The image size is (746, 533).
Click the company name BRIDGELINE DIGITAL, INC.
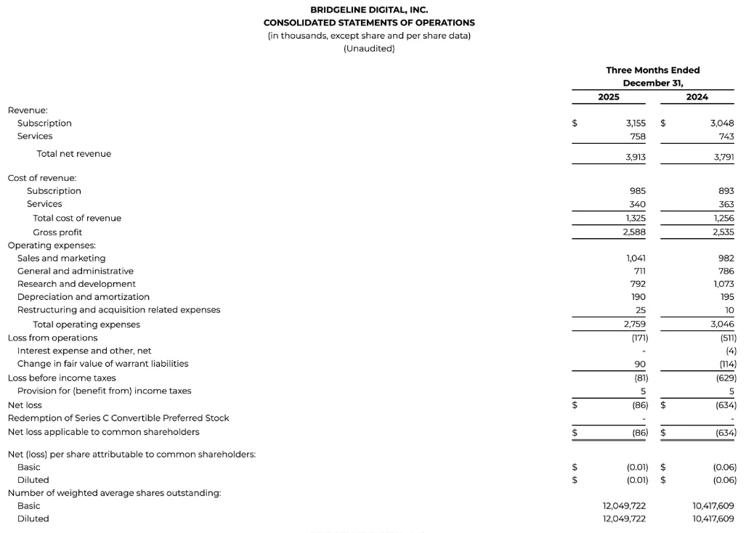pyautogui.click(x=369, y=10)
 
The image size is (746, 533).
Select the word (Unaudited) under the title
pyautogui.click(x=369, y=49)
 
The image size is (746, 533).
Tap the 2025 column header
pyautogui.click(x=609, y=97)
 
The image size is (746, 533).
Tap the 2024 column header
pyautogui.click(x=697, y=97)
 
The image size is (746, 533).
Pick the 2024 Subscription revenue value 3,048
pyautogui.click(x=721, y=123)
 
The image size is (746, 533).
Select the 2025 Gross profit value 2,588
pyautogui.click(x=634, y=232)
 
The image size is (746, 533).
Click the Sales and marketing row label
pyautogui.click(x=61, y=259)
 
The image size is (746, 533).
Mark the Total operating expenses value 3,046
pyautogui.click(x=721, y=325)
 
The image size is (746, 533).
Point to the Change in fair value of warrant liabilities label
pyautogui.click(x=102, y=364)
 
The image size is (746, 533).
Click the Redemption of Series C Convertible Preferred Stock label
pyautogui.click(x=118, y=418)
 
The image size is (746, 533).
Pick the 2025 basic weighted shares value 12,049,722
pyautogui.click(x=624, y=505)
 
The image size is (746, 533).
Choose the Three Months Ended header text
pyautogui.click(x=652, y=70)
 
